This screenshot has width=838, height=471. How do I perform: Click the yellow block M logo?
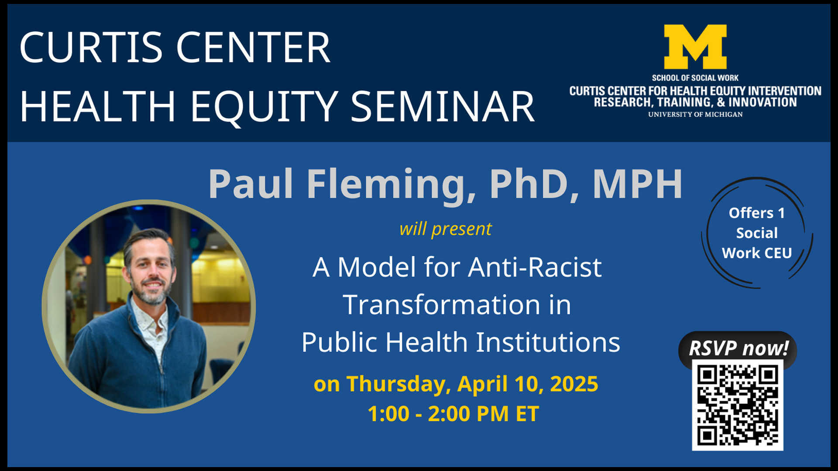(695, 47)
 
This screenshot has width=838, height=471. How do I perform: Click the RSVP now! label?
(738, 348)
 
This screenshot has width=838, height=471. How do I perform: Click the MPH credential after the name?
(637, 184)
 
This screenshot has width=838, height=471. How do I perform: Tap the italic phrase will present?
(445, 229)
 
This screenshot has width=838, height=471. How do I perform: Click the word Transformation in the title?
(441, 304)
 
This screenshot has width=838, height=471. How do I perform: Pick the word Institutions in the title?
(548, 342)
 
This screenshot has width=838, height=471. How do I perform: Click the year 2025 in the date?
(574, 384)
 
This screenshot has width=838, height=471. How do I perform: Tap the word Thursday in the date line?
(396, 384)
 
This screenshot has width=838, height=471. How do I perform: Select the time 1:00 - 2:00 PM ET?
(453, 414)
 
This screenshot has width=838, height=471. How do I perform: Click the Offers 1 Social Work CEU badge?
(757, 233)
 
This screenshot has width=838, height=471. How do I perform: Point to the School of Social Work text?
(695, 78)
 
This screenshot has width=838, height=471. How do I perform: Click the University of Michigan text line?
(695, 114)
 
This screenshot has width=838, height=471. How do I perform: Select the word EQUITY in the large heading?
(264, 107)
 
